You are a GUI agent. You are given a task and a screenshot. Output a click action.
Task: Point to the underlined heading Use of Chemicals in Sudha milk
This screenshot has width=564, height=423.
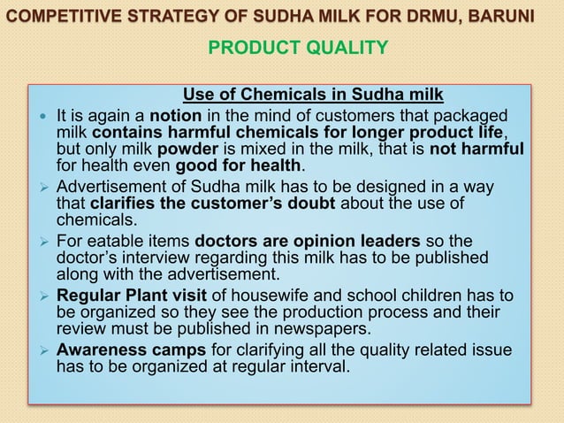tap(312, 96)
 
